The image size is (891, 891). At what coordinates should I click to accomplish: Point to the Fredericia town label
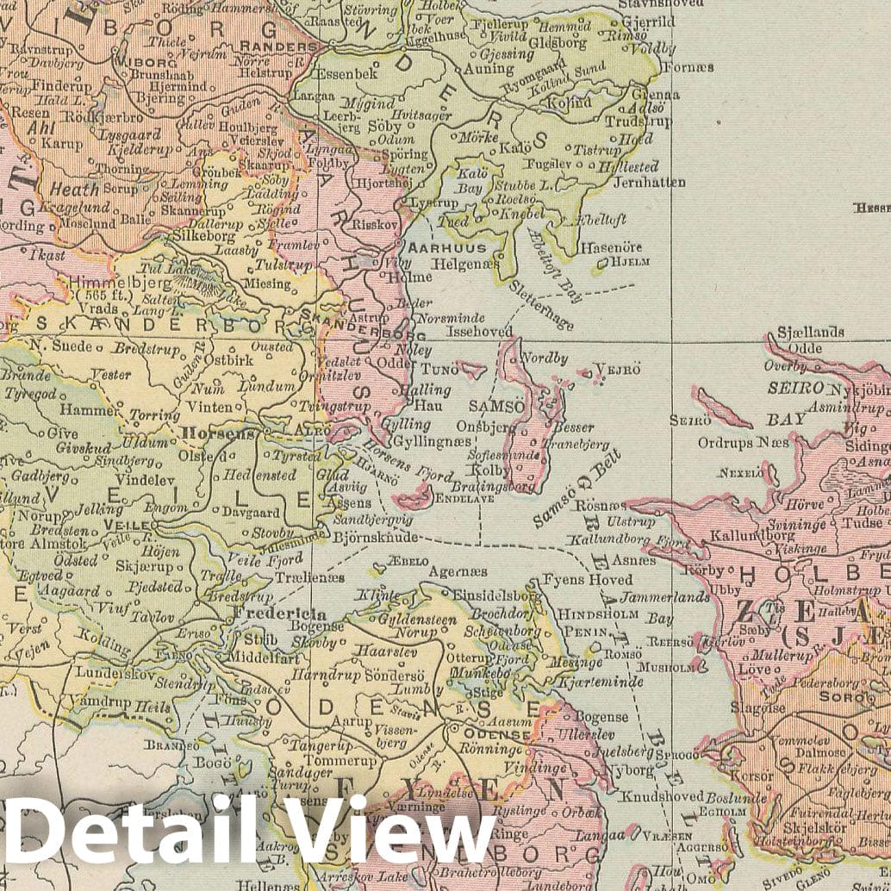point(277,614)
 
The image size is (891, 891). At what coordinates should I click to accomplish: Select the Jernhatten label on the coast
point(649,182)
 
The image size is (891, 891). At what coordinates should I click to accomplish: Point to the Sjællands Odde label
point(810,340)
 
